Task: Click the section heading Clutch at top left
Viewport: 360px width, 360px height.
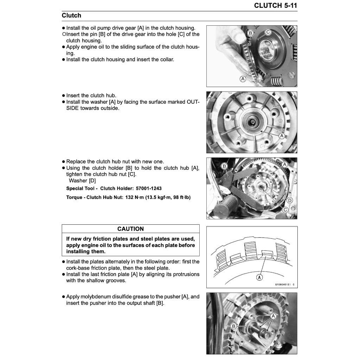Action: pos(71,15)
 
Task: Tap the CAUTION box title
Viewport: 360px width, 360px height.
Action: pos(130,229)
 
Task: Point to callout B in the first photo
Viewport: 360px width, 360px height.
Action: pos(251,33)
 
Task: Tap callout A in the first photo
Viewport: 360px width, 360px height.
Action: pos(243,79)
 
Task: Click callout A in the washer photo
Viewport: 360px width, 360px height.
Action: pos(281,136)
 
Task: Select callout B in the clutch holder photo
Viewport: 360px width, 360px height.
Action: pos(225,166)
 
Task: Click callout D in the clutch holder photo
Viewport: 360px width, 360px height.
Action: pos(290,200)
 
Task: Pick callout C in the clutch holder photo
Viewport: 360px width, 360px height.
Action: pos(285,210)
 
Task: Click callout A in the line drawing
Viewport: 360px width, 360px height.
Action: pos(259,277)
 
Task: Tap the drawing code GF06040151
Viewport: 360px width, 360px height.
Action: pos(283,285)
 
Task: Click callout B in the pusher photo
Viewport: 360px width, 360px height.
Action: pos(234,327)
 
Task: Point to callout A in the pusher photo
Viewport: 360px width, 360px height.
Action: pos(274,316)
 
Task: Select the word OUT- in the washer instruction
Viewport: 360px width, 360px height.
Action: pos(193,102)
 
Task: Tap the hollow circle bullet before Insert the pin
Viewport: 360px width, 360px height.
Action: pos(64,34)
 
